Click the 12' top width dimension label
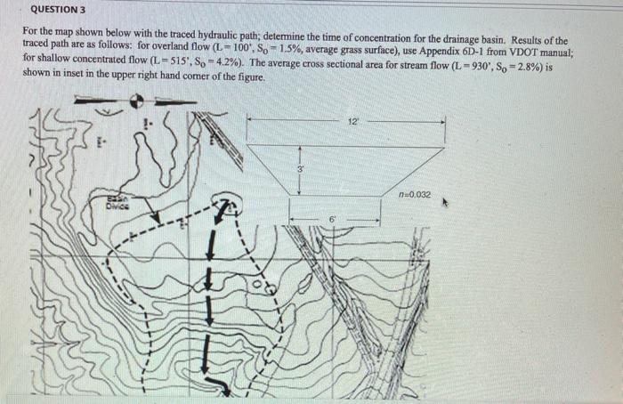point(354,118)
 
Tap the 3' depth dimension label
point(300,168)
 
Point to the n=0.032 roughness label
point(416,193)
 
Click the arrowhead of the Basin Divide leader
point(157,222)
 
